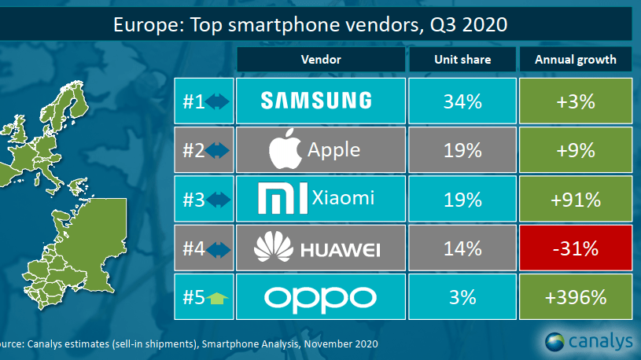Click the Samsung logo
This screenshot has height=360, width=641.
tap(316, 101)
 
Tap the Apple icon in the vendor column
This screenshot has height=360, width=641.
tap(286, 149)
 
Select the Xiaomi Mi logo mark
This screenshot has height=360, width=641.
tap(283, 198)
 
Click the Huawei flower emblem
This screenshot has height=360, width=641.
tap(274, 247)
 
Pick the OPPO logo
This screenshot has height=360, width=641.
tap(320, 299)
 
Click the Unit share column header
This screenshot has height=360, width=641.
tap(462, 60)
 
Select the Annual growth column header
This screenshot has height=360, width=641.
tap(576, 60)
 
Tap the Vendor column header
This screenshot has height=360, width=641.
tap(321, 60)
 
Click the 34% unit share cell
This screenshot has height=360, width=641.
tap(462, 101)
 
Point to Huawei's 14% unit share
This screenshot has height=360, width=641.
tap(462, 248)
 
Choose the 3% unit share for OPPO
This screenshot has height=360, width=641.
tap(462, 297)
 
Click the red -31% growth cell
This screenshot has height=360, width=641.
tap(576, 248)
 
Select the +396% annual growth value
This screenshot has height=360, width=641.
tap(576, 297)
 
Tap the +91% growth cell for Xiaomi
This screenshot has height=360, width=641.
tap(576, 199)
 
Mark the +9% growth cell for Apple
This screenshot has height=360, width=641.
tap(576, 150)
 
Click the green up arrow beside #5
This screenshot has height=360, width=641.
tap(217, 299)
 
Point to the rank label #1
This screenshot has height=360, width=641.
tap(193, 101)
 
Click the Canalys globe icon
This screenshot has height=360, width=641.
tap(554, 342)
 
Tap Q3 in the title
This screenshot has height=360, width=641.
tap(444, 25)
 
